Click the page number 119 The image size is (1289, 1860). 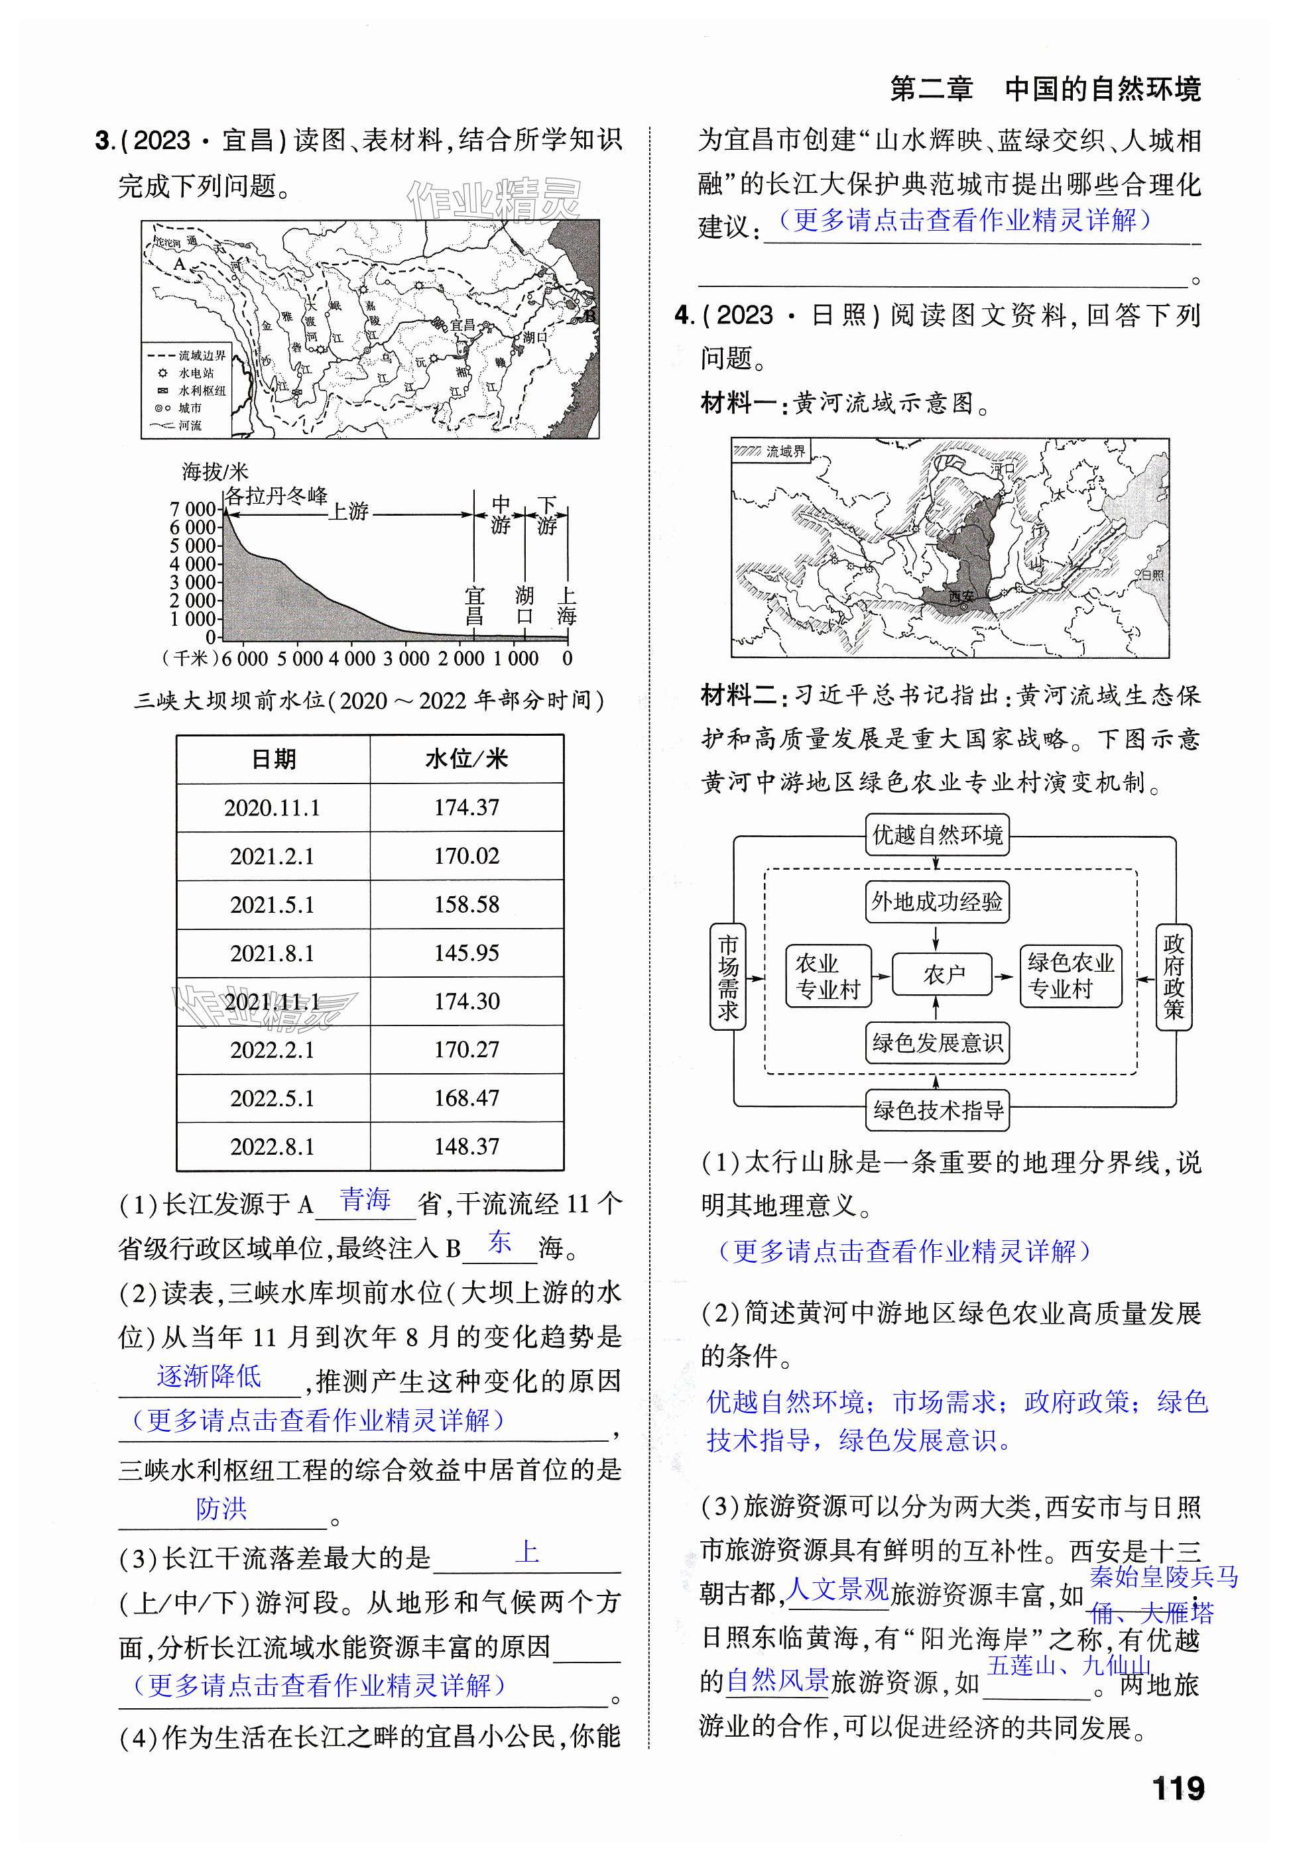point(1178,1788)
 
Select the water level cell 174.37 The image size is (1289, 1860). point(466,807)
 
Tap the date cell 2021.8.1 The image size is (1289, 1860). point(272,953)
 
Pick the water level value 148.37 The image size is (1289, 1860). point(466,1146)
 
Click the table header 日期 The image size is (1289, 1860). point(273,759)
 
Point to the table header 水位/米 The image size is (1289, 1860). point(466,759)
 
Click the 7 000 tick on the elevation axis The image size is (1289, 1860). point(193,509)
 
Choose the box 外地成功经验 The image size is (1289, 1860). point(937,901)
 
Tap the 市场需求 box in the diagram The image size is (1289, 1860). point(727,977)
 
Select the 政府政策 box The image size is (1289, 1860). point(1173,977)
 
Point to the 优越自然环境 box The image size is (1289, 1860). point(937,835)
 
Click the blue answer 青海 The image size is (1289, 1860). point(365,1200)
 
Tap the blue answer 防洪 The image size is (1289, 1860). point(221,1508)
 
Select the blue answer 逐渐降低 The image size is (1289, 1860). point(209,1375)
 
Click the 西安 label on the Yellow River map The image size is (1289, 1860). point(961,597)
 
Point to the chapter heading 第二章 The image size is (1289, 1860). point(930,89)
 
